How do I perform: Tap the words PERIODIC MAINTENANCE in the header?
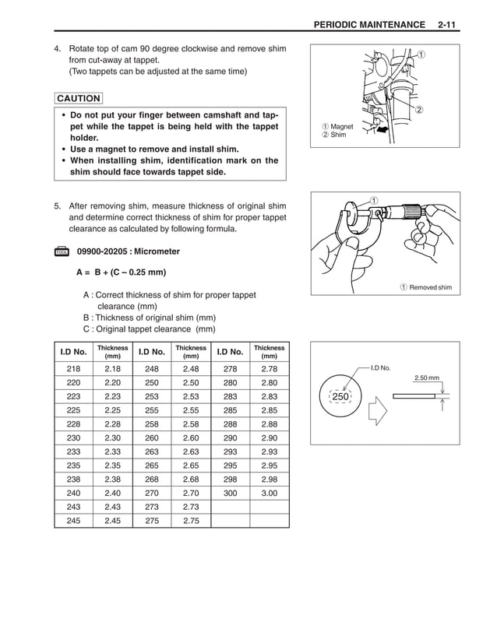point(368,26)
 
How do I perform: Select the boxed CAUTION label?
point(78,99)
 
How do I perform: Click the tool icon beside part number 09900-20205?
point(62,252)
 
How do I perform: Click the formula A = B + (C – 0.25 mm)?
point(121,272)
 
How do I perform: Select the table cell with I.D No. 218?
point(73,368)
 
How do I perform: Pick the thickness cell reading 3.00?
point(269,493)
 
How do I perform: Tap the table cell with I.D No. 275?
point(151,521)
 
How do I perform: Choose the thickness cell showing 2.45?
point(112,521)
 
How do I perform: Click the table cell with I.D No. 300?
point(230,493)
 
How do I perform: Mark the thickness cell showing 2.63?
point(191,452)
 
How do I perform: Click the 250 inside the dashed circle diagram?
point(340,396)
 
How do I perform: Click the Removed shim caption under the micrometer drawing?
point(431,287)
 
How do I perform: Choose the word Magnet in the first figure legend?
point(341,126)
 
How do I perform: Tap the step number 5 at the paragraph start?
point(57,206)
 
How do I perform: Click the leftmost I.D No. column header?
point(73,351)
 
